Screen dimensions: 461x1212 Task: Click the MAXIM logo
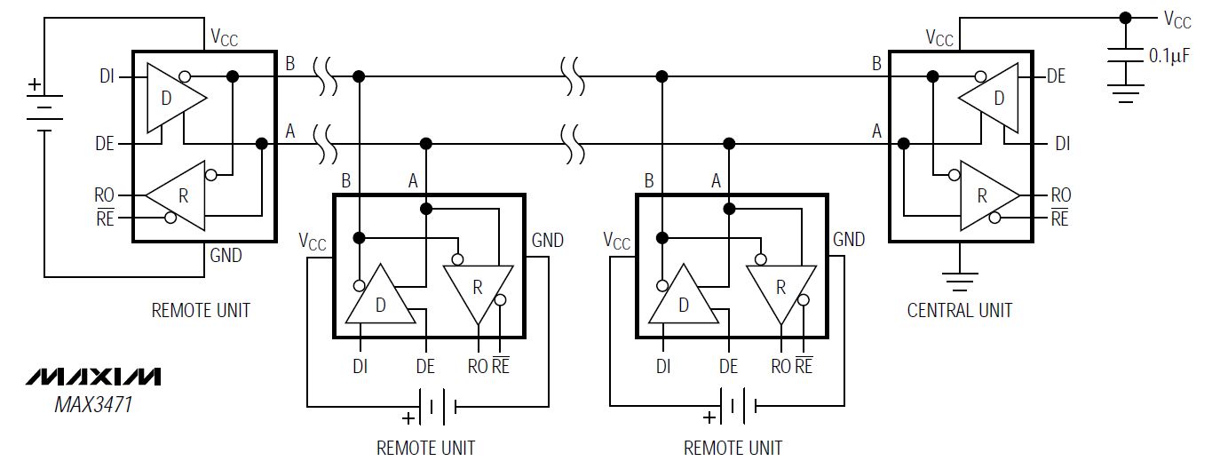point(93,377)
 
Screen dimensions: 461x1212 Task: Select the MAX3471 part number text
point(94,405)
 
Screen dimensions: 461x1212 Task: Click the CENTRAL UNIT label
point(959,310)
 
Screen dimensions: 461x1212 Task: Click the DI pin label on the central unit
point(1062,142)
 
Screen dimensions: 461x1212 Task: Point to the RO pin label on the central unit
point(1060,195)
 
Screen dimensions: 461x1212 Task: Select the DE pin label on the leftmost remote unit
point(105,143)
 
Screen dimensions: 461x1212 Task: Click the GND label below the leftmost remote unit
point(226,256)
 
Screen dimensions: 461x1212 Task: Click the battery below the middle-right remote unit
point(736,407)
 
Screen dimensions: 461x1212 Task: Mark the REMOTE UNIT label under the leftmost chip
point(201,310)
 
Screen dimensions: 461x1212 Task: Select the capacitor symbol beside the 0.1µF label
point(1125,55)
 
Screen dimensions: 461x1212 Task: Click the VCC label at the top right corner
point(1177,20)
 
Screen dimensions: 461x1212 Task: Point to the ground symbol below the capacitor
point(1125,92)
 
